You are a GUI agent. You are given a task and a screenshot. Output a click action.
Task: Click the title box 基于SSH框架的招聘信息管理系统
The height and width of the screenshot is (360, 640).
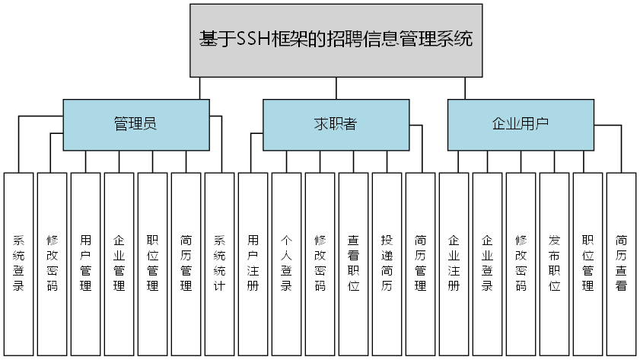click(x=336, y=40)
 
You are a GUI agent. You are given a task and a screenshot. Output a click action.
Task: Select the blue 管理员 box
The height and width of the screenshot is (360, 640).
click(x=135, y=124)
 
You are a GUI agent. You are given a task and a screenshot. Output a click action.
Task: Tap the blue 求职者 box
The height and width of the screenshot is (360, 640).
click(x=336, y=124)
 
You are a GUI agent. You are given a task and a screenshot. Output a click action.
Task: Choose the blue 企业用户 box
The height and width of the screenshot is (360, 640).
click(x=521, y=124)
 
